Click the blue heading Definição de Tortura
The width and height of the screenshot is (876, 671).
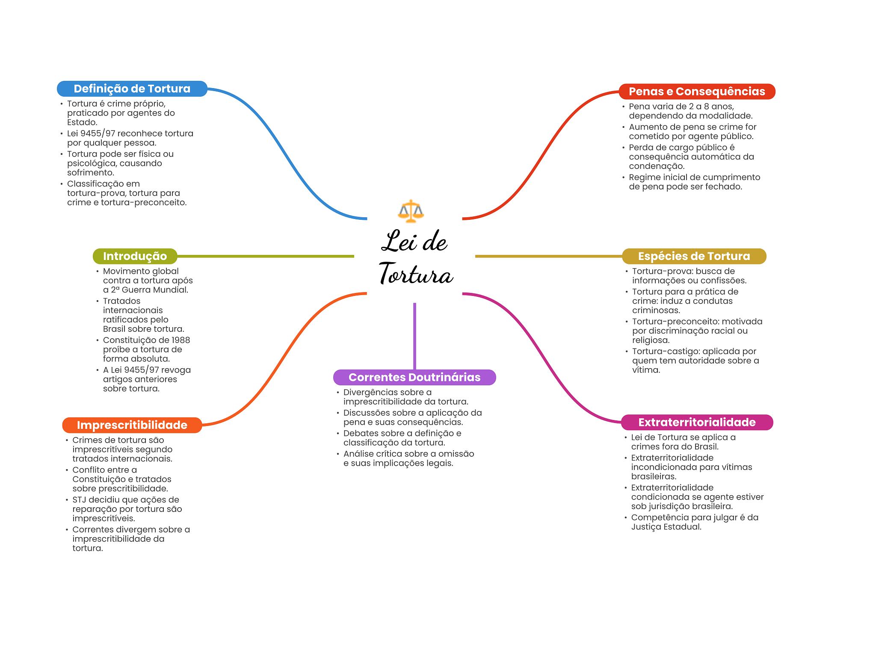pos(132,89)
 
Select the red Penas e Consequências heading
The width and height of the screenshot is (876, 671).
pos(696,92)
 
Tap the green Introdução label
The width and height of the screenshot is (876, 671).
pos(135,256)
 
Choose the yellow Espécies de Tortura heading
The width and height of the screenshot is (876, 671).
pos(694,256)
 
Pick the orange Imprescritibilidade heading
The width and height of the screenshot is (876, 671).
pos(132,425)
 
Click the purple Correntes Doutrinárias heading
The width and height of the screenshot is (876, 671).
pos(414,377)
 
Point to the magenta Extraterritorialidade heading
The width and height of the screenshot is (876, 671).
pos(696,423)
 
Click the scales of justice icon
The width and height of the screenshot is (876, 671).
pos(411,211)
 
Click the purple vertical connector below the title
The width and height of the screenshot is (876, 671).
pos(414,336)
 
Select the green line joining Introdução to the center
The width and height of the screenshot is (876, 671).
pos(265,256)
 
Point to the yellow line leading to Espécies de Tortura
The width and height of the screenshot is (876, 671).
pos(547,256)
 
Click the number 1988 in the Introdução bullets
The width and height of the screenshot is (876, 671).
pos(181,340)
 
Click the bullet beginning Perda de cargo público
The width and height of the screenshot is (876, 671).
pos(691,157)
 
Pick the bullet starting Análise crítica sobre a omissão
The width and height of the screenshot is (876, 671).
pos(408,458)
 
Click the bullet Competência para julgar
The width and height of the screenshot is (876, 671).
pos(694,522)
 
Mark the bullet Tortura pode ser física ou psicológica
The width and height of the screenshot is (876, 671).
pos(120,163)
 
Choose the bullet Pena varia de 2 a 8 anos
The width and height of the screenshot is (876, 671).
pos(690,111)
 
